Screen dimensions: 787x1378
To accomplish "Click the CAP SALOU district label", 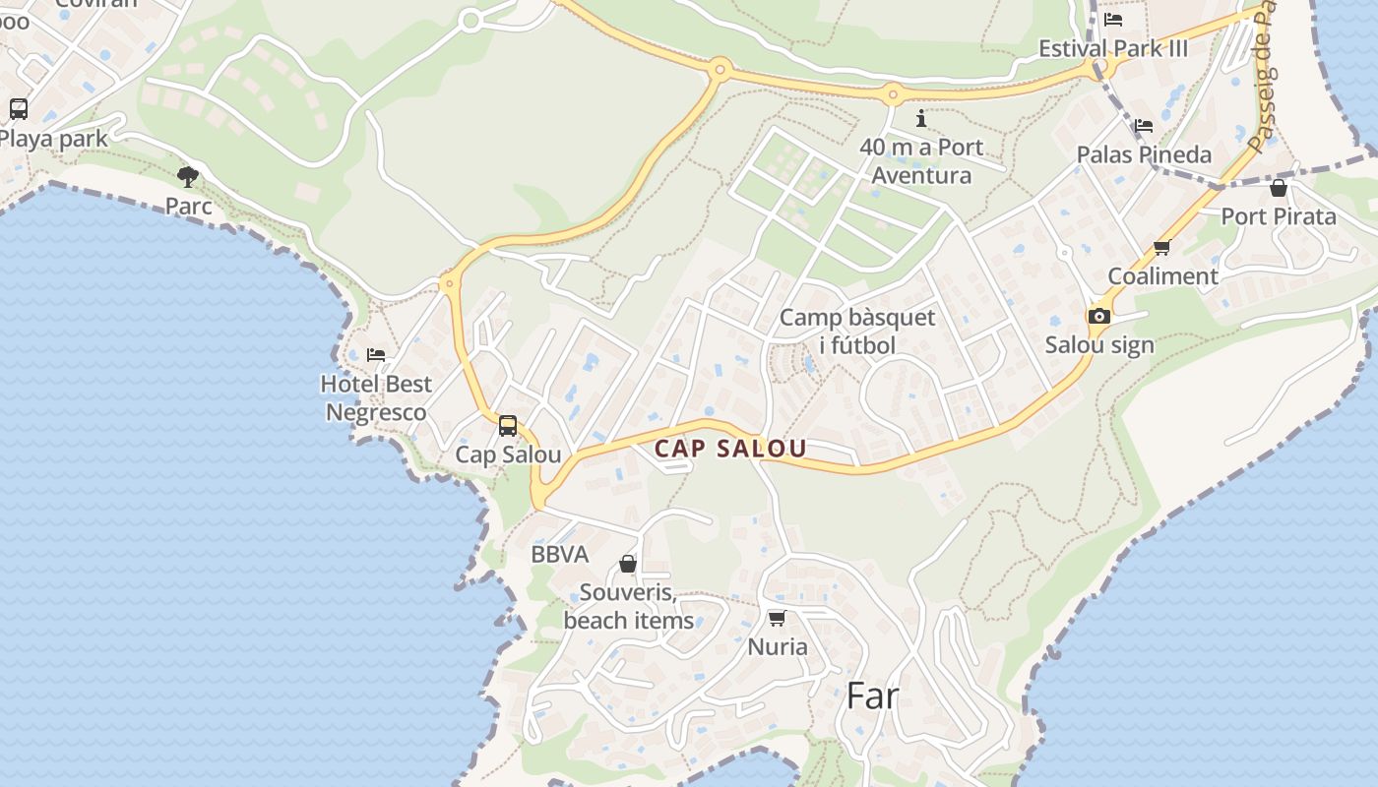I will click(730, 449).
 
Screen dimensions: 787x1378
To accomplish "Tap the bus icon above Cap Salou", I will click(508, 426).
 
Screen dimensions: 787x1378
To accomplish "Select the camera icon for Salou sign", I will click(1098, 316).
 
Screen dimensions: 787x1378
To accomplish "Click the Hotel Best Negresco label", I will click(376, 397).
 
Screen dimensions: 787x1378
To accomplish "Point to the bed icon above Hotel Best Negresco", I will click(376, 354).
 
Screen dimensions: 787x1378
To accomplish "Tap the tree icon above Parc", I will click(188, 177).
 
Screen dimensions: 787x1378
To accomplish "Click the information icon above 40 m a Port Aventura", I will click(921, 119).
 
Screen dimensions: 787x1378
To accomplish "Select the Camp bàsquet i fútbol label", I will click(857, 332).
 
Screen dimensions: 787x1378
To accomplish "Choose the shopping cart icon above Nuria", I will click(777, 618).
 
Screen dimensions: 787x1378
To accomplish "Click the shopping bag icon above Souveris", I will click(628, 564).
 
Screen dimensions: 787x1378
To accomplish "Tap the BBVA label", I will click(560, 554).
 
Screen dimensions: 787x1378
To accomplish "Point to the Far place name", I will click(873, 696).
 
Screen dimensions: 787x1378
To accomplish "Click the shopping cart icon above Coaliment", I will click(1162, 247).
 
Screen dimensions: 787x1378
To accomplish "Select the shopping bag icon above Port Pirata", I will click(1279, 187).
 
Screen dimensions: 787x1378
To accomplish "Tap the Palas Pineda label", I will click(1144, 154).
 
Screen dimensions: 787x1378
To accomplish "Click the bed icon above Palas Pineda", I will click(1144, 125).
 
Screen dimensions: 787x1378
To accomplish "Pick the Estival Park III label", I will click(1114, 48).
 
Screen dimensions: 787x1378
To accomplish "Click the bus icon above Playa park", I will click(19, 109).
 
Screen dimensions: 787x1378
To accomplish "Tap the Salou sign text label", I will click(1099, 345).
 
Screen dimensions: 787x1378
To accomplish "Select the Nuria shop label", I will click(778, 646).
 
